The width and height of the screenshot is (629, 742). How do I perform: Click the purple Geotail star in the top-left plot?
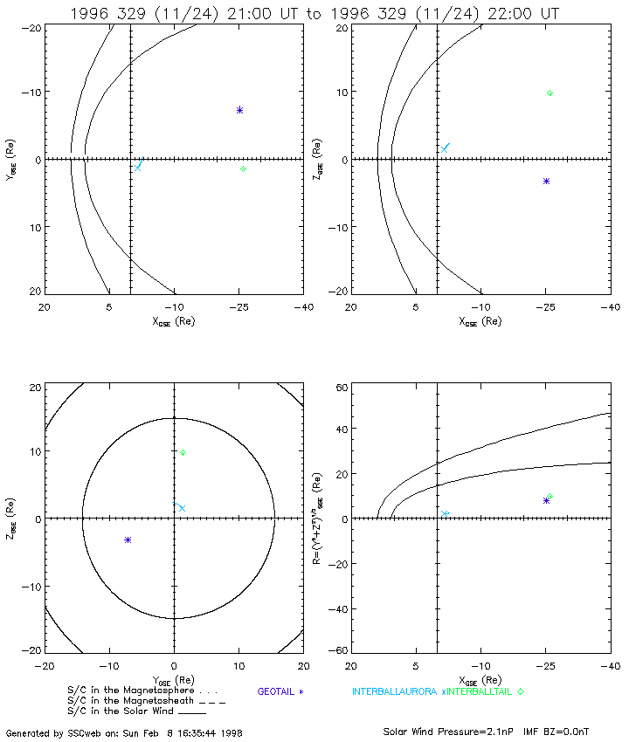[239, 110]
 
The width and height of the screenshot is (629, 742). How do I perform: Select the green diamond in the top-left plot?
[243, 168]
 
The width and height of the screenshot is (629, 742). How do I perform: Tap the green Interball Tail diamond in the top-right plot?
[550, 93]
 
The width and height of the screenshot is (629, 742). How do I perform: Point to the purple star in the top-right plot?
[546, 181]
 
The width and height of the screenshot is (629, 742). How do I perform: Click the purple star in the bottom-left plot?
[128, 540]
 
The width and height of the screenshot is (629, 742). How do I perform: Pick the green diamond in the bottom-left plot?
[183, 452]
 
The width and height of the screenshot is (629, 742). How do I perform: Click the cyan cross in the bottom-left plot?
[181, 507]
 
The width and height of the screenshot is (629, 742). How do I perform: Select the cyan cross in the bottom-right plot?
[445, 514]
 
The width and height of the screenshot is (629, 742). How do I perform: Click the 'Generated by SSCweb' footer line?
[124, 733]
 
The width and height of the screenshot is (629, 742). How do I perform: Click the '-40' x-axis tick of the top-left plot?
[303, 307]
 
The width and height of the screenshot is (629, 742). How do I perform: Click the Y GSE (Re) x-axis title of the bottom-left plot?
[174, 681]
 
